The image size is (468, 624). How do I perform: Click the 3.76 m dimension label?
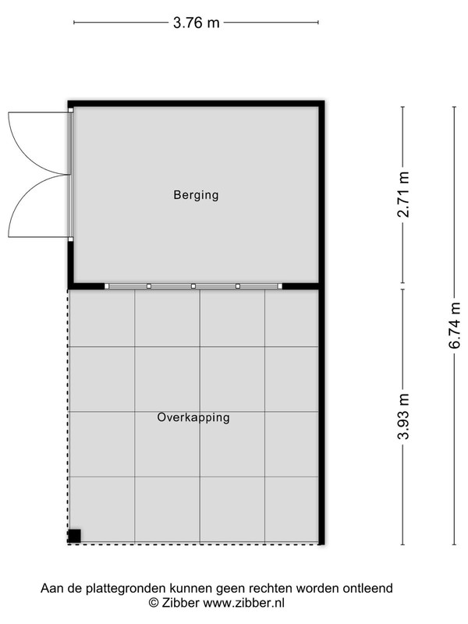197,23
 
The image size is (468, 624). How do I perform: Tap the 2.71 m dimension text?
403,194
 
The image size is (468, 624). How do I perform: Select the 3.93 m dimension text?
403,416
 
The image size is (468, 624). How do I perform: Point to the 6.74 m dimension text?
455,325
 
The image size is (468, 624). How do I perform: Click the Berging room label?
197,195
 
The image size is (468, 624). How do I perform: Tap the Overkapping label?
193,417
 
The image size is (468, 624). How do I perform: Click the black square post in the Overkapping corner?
74,536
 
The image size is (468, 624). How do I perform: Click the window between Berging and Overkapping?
193,286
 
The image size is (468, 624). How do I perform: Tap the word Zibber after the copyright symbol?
180,603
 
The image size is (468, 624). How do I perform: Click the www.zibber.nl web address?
244,603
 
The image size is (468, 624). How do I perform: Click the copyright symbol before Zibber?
153,603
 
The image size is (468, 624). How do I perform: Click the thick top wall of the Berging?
197,104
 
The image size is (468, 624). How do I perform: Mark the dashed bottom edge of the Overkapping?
193,543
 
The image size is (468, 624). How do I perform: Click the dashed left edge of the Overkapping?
68,416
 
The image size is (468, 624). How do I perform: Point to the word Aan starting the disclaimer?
51,588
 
